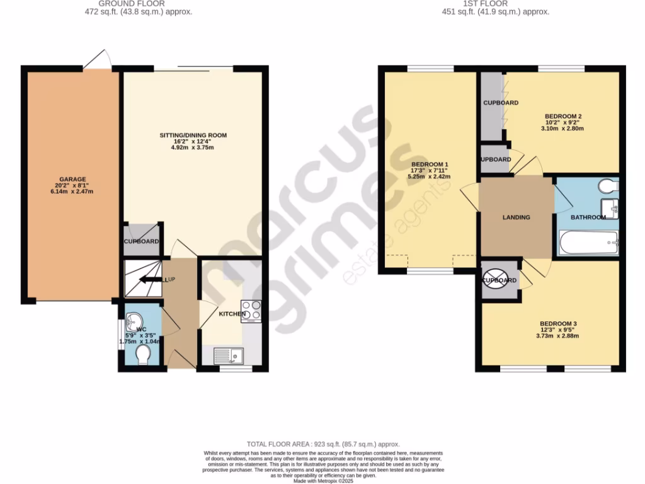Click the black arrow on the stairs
point(150,279)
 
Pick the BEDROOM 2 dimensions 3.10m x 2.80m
point(562,129)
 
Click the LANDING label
point(516,217)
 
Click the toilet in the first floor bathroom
point(608,186)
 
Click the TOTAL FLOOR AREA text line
point(322,444)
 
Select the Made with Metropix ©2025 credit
point(322,480)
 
